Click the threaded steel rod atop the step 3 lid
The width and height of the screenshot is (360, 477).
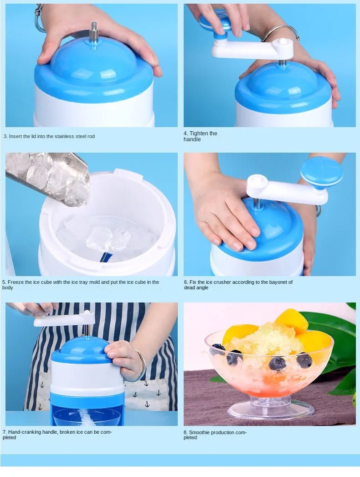coord(94,31)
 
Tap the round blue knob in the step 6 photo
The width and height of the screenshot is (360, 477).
coord(321,171)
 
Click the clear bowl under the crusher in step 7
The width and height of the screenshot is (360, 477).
coord(87,416)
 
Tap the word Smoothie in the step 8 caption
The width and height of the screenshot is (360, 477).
coord(200,432)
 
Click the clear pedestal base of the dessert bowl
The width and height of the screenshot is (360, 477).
coord(271,409)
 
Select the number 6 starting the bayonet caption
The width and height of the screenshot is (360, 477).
coord(185,282)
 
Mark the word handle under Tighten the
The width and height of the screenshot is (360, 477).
coord(192,139)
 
